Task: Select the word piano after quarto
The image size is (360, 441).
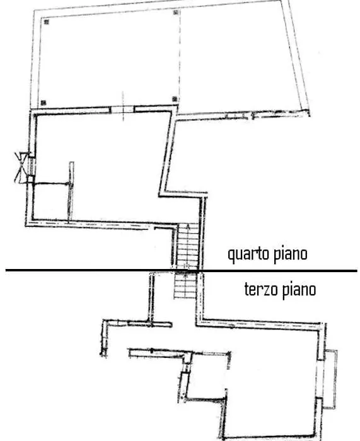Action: [x=289, y=255]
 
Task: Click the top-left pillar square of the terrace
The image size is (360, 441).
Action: [x=47, y=21]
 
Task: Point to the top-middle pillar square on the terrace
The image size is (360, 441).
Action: [x=176, y=13]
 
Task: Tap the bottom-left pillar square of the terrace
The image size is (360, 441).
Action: [x=43, y=103]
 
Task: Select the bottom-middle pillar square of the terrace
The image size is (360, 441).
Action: [x=175, y=99]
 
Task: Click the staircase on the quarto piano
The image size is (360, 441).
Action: [x=188, y=246]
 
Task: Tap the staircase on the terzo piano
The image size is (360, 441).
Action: [x=184, y=285]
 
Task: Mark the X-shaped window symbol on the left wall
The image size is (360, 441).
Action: [x=21, y=168]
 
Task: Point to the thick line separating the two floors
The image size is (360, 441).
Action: [x=182, y=270]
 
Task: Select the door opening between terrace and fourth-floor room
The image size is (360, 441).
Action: [x=122, y=109]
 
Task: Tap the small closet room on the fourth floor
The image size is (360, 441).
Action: [x=51, y=202]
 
